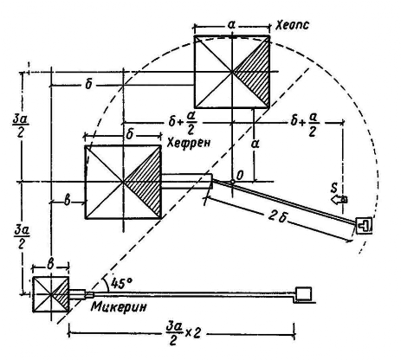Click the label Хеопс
(292, 25)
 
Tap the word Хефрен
(189, 142)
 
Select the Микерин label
(119, 306)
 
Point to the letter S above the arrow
(334, 189)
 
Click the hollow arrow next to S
(339, 200)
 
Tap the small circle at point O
(232, 182)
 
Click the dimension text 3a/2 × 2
(184, 334)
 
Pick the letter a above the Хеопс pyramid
(231, 25)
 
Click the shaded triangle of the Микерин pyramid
(62, 294)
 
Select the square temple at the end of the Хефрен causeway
(364, 225)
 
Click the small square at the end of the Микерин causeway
(304, 293)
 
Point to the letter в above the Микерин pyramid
(50, 265)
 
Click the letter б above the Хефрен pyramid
(130, 134)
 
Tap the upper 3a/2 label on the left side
(21, 125)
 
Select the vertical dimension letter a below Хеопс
(255, 144)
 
